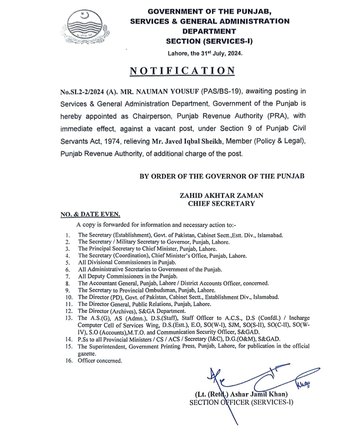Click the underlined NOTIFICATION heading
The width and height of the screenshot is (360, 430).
182,71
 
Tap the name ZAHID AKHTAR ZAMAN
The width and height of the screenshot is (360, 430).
221,196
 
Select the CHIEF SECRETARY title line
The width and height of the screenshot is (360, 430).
221,204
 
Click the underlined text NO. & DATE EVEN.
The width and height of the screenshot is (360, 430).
90,215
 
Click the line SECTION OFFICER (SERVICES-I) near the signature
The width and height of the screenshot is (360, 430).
241,402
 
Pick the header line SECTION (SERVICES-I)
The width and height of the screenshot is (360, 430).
209,42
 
